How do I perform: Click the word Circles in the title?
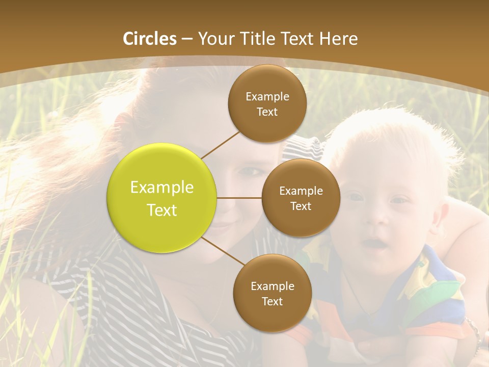point(150,39)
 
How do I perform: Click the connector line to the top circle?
point(220,145)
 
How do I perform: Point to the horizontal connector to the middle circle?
point(239,198)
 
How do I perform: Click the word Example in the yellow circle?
point(162,188)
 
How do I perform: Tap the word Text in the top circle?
point(267,112)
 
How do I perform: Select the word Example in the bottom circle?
point(272,286)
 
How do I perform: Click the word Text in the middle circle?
point(301,206)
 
